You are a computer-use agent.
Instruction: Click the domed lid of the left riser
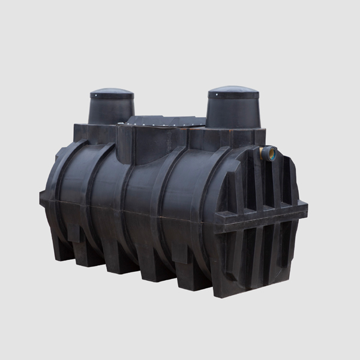pos(112,94)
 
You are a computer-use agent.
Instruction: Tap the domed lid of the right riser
pos(233,92)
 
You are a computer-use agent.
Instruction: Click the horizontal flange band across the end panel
pos(264,214)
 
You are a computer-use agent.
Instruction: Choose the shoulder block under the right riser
pos(237,138)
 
